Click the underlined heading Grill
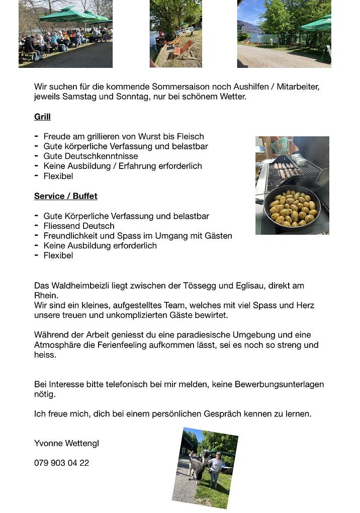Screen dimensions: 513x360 pyautogui.click(x=42, y=117)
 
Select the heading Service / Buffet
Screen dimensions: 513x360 pyautogui.click(x=65, y=196)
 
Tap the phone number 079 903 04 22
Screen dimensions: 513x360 pyautogui.click(x=61, y=463)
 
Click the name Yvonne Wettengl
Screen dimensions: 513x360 pyautogui.click(x=66, y=443)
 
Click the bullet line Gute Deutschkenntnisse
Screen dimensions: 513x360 pyautogui.click(x=91, y=156)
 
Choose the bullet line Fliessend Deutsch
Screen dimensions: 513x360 pyautogui.click(x=79, y=226)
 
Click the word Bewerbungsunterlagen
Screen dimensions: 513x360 pyautogui.click(x=280, y=384)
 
